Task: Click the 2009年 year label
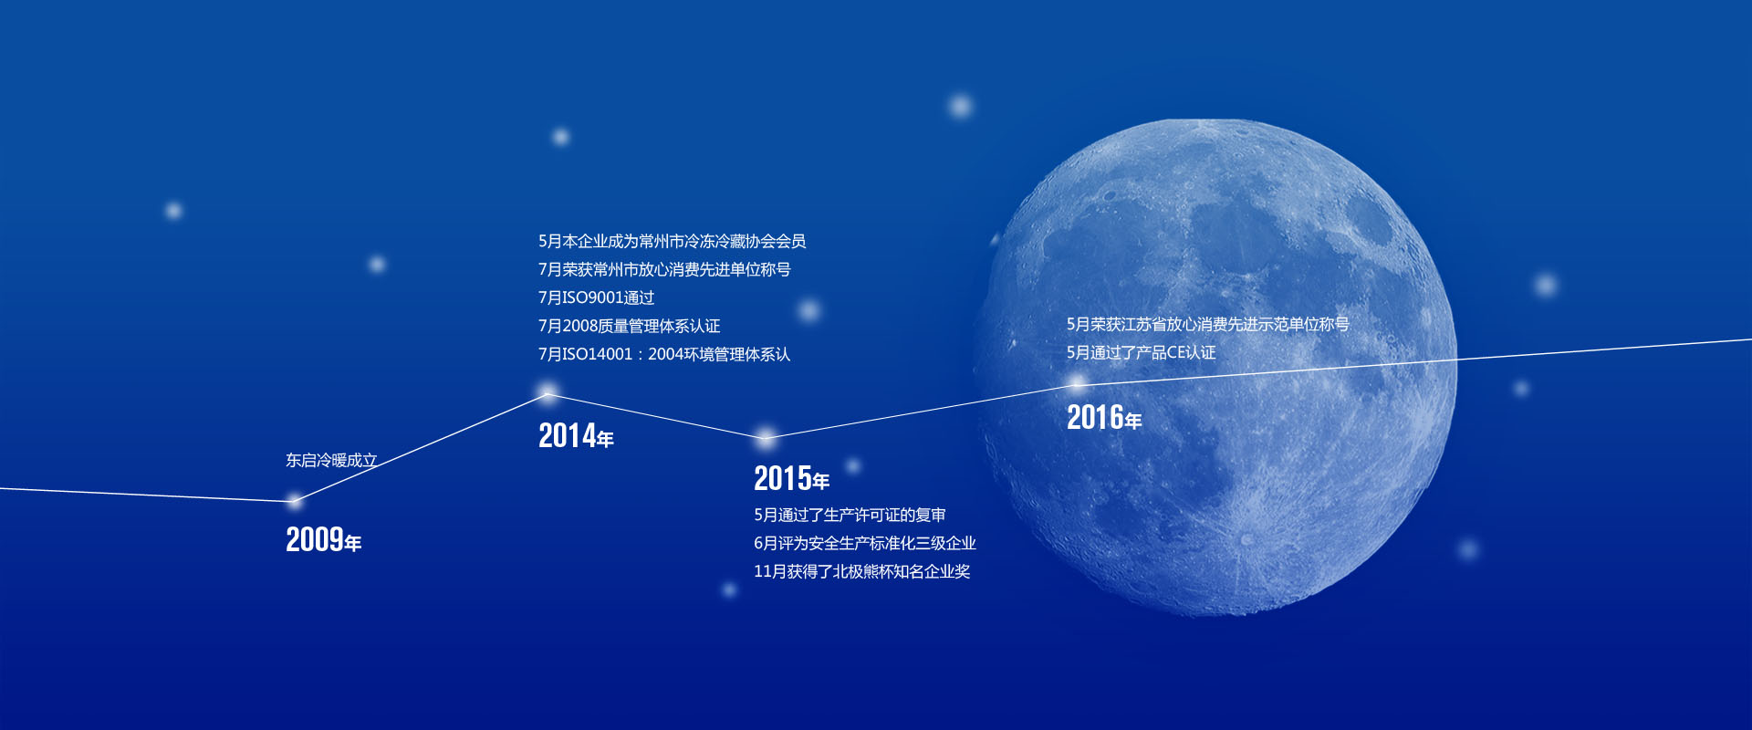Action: [x=324, y=539]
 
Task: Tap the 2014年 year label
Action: [x=576, y=435]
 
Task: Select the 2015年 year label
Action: [x=791, y=478]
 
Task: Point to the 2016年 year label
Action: [x=1104, y=417]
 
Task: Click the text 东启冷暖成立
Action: [x=331, y=460]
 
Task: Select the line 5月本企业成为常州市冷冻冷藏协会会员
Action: [x=672, y=241]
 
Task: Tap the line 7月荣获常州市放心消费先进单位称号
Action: [x=664, y=269]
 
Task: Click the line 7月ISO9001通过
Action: [x=596, y=297]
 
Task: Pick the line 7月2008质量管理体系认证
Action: [x=629, y=326]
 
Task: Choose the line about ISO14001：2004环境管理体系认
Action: [x=664, y=354]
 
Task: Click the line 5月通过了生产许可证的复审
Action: [x=850, y=515]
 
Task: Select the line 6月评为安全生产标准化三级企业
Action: [x=865, y=543]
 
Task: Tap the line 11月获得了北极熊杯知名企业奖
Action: [x=862, y=571]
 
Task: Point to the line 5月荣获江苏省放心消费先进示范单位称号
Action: [x=1208, y=324]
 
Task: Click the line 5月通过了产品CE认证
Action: [x=1141, y=352]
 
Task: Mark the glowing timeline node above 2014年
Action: [x=547, y=393]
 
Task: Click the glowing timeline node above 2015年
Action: [x=766, y=437]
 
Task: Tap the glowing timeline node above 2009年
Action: [x=294, y=500]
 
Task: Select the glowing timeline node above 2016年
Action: [x=1078, y=383]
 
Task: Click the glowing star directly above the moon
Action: [x=960, y=106]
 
